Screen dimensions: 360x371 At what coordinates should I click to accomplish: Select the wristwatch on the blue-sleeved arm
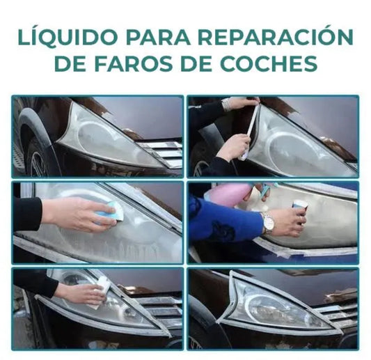[269, 224]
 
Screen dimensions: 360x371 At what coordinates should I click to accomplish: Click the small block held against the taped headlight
[300, 205]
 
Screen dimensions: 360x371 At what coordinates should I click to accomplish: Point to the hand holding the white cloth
[80, 292]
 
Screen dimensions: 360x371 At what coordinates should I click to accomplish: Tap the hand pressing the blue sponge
[77, 214]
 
